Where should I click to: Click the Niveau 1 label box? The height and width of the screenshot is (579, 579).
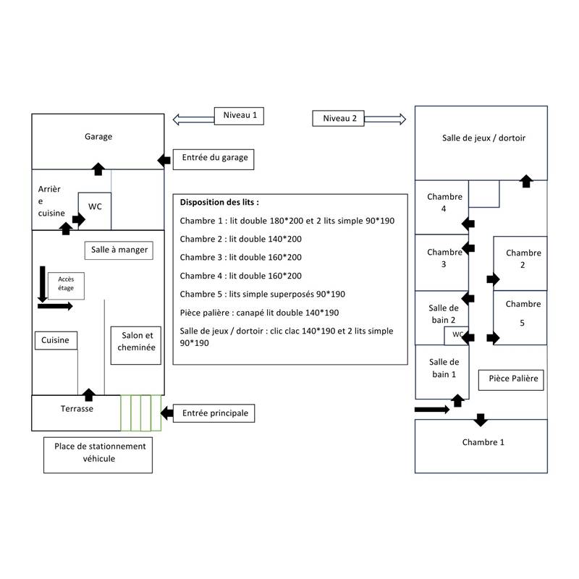point(240,116)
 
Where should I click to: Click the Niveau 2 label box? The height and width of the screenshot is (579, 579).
point(339,119)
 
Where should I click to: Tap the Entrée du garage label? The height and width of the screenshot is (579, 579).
point(215,158)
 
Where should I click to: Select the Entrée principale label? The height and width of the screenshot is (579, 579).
point(215,413)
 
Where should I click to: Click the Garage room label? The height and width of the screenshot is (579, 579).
point(98,136)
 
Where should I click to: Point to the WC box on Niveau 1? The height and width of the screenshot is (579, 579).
point(95,207)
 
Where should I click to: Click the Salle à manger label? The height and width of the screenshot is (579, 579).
point(119,250)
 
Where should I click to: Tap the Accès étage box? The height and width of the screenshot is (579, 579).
point(66,286)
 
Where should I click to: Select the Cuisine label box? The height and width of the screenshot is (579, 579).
point(56,340)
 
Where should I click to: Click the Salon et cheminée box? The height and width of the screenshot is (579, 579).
point(137,342)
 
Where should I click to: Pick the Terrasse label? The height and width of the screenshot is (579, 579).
point(77,409)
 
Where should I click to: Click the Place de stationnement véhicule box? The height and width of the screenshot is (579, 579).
point(100,452)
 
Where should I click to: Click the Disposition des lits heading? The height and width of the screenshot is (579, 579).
point(219,203)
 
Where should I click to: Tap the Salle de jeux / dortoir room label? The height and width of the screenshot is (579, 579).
point(483,138)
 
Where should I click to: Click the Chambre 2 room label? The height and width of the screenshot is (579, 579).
point(523,259)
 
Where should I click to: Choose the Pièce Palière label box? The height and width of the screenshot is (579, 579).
point(514,379)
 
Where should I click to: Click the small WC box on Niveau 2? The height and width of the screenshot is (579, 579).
point(457,335)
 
